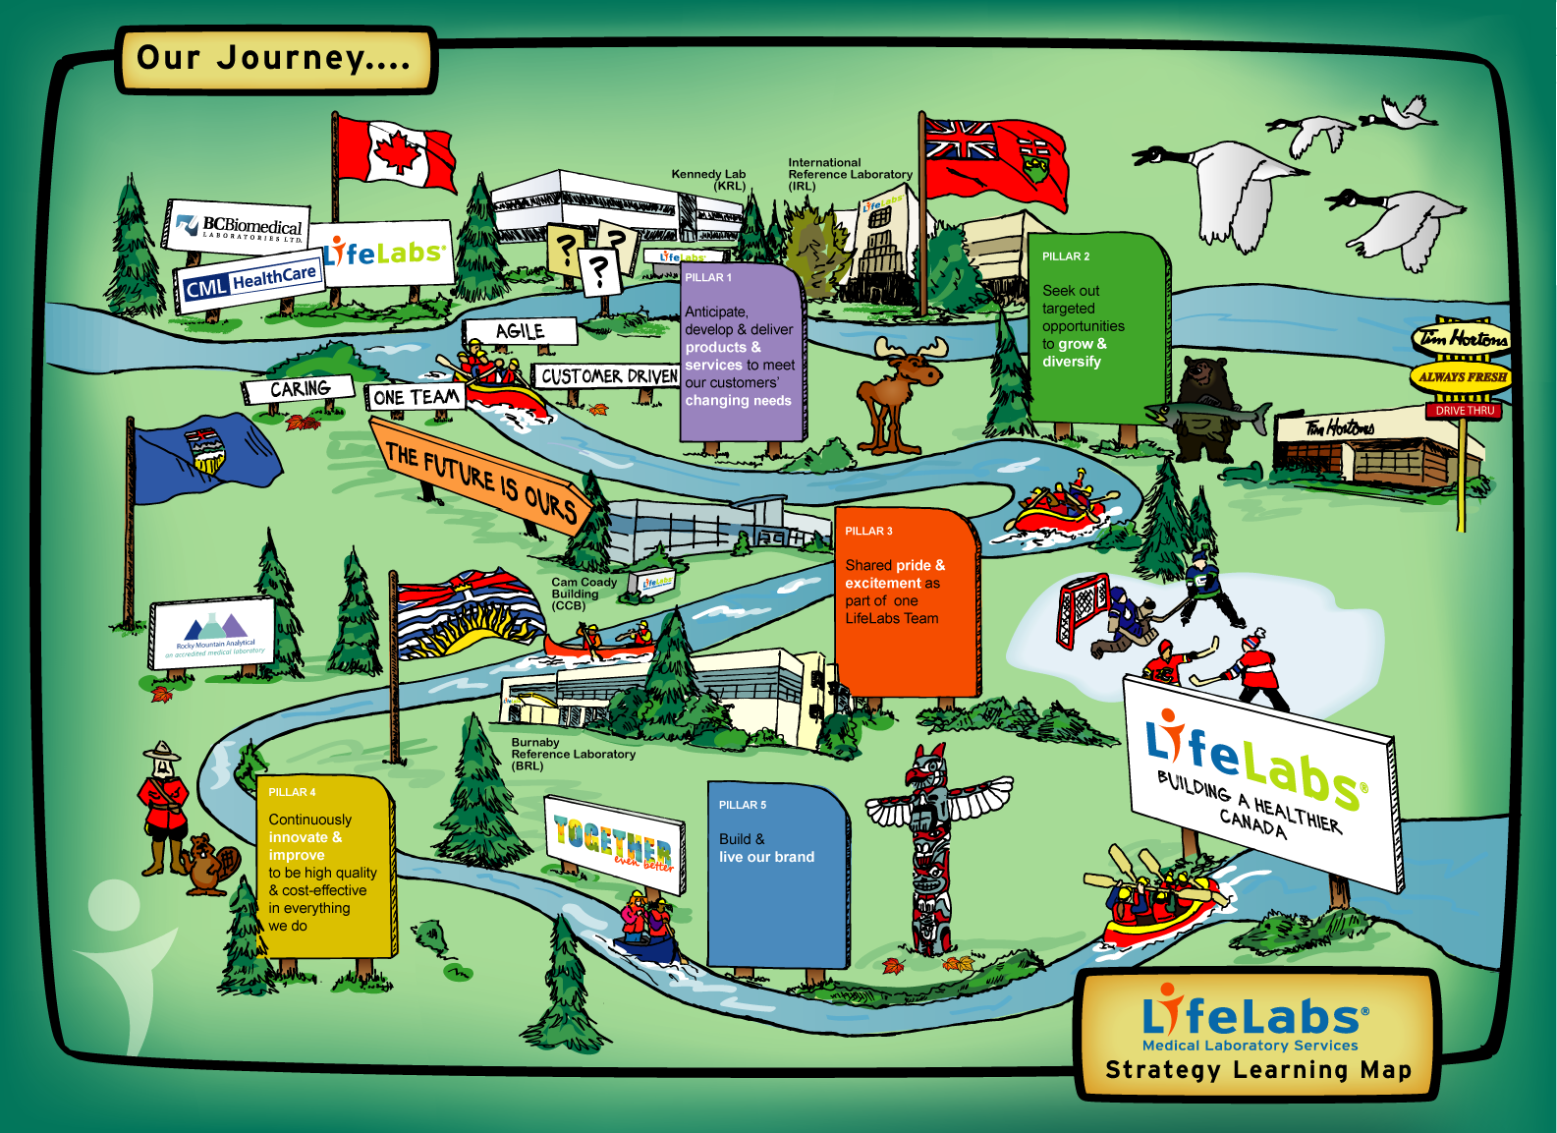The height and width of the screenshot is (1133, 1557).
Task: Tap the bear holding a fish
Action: tap(1204, 408)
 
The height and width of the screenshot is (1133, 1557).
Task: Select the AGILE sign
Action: tap(520, 331)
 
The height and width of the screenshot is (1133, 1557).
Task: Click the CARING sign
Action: tap(300, 389)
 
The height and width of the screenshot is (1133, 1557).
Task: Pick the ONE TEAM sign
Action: tap(416, 397)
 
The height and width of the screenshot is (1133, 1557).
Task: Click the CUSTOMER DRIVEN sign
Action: tap(609, 376)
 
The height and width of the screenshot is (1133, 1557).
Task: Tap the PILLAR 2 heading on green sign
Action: tap(1066, 256)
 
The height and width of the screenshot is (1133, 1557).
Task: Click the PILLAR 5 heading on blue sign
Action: tap(743, 805)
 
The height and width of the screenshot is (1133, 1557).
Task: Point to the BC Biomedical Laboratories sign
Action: tap(239, 227)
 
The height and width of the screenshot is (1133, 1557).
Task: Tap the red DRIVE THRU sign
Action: tap(1464, 411)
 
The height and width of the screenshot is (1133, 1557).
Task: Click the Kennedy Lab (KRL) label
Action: tap(708, 180)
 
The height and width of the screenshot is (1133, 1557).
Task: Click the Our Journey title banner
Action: tap(274, 59)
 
